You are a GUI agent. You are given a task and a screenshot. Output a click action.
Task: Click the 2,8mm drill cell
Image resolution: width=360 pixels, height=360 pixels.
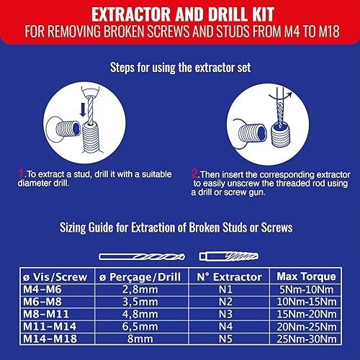[140, 289]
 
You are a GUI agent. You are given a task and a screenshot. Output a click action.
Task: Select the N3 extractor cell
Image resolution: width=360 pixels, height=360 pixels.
[225, 314]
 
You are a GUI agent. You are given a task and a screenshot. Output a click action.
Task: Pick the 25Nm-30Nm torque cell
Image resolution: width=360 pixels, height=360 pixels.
[307, 339]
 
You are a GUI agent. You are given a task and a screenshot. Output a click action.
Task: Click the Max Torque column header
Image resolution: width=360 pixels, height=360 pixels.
[307, 276]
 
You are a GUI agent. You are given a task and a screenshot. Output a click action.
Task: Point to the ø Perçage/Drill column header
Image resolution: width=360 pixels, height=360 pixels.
[140, 276]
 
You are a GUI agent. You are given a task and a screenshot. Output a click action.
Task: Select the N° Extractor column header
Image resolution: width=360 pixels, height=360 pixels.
[229, 276]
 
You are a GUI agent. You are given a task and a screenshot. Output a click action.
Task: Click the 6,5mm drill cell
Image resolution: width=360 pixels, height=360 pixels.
[140, 326]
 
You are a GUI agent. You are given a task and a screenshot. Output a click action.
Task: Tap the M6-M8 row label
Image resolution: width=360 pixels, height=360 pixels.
[42, 302]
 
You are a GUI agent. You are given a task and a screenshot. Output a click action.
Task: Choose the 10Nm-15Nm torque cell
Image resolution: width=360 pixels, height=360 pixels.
[307, 302]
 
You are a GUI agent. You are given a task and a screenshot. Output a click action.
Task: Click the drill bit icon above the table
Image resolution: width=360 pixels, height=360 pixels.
[142, 257]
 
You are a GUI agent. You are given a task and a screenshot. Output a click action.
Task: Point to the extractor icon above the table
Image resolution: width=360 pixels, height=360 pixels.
[229, 256]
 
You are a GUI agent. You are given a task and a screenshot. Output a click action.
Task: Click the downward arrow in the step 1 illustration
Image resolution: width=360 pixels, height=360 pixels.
[83, 109]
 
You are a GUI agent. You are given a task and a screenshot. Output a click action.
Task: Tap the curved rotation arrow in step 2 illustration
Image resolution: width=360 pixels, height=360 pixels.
[281, 96]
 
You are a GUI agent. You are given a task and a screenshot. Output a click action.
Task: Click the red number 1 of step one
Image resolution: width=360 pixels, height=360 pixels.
[22, 174]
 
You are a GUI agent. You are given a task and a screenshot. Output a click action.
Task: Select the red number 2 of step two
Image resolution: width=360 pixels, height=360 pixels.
[194, 174]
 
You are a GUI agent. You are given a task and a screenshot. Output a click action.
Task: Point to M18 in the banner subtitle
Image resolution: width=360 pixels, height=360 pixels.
[329, 31]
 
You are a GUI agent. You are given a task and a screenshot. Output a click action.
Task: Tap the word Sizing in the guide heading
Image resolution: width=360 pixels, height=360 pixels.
[73, 228]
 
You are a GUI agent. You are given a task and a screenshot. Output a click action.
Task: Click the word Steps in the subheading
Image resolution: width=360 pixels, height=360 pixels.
[122, 68]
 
